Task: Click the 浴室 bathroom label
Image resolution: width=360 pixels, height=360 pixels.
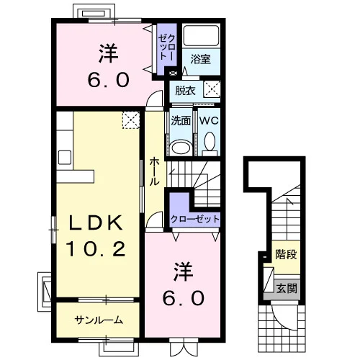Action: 201,59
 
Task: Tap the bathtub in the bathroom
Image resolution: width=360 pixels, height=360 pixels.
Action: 201,35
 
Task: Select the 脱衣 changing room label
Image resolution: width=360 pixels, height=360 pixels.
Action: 185,91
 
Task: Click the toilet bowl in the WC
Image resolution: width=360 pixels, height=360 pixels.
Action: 210,141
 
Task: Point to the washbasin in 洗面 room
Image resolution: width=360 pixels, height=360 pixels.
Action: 181,148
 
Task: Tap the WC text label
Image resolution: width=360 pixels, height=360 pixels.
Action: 209,120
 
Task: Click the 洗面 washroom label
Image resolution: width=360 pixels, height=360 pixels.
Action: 181,120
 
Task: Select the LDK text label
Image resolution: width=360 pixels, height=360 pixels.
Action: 96,223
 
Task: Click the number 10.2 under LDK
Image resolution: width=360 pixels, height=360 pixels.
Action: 96,248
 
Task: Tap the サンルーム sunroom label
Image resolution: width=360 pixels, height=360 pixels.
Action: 99,320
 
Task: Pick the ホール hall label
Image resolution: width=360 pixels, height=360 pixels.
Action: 154,171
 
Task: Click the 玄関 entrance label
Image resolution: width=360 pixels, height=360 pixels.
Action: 287,288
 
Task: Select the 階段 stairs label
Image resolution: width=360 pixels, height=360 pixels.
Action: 286,254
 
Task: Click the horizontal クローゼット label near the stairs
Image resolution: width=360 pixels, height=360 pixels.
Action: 195,219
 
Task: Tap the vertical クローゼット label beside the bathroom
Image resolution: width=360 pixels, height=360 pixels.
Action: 167,47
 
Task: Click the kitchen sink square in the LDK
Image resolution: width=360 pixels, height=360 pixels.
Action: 65,157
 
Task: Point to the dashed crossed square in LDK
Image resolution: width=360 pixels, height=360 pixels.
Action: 131,120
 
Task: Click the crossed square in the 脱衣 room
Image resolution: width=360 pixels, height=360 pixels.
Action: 212,89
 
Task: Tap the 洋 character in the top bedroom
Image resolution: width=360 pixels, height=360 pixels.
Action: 108,53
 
